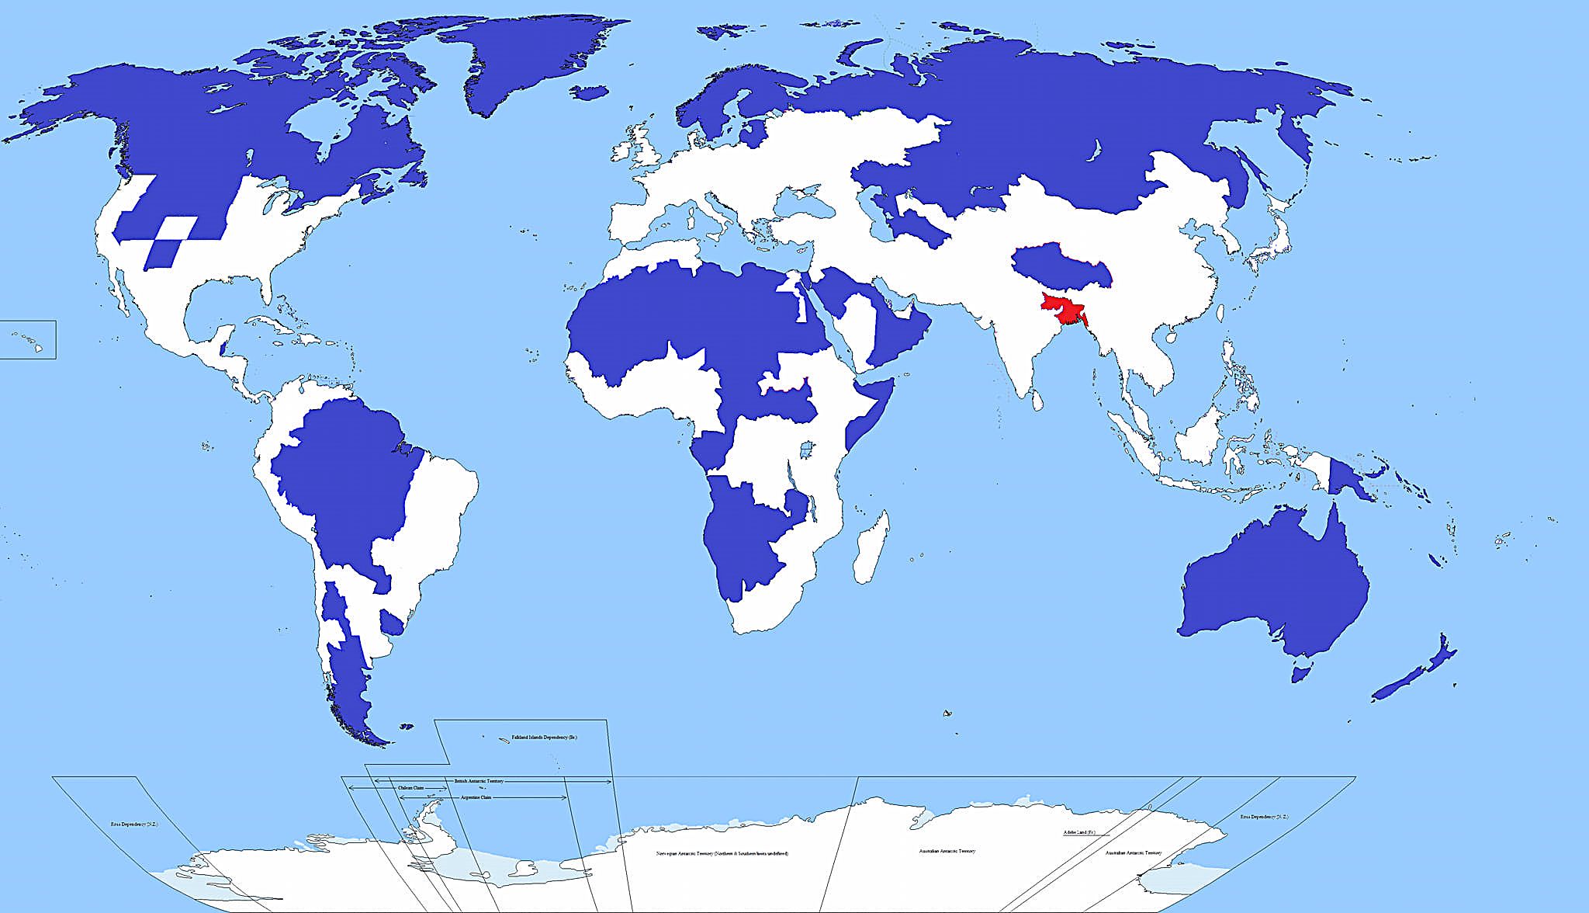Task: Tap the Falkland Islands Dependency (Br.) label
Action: (544, 737)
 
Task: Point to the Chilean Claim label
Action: (411, 788)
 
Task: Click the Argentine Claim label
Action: (476, 797)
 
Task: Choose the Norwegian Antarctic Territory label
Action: (722, 853)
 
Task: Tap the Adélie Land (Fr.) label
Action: (1078, 833)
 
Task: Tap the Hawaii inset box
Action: (28, 339)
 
